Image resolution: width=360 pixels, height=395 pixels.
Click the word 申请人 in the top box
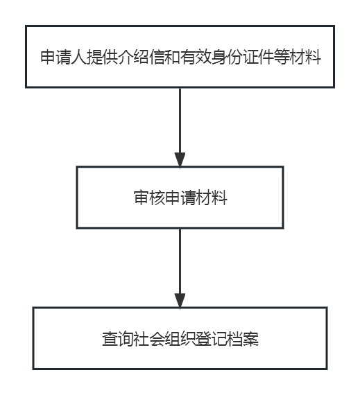(x=64, y=57)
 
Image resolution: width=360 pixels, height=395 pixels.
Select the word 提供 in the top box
(x=103, y=57)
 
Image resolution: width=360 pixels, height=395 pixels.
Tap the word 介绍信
(x=142, y=57)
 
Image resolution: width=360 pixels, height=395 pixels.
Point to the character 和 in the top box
(x=173, y=57)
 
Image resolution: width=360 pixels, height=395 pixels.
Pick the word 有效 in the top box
(x=196, y=57)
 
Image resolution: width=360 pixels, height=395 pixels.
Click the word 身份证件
(x=243, y=57)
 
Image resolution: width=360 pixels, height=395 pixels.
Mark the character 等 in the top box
(x=282, y=57)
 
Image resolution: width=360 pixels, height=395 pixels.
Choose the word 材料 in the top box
(x=305, y=57)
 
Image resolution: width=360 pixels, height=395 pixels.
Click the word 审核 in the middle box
(x=149, y=197)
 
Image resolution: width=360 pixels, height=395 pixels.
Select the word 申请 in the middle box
(x=180, y=197)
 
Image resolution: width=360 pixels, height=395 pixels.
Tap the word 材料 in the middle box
(x=212, y=197)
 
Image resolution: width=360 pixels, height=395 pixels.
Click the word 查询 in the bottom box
(x=118, y=339)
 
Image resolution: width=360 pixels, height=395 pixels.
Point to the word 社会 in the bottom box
(x=149, y=339)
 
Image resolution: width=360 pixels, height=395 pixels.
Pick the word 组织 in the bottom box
(x=180, y=339)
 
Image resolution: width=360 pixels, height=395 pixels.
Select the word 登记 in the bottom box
(x=212, y=339)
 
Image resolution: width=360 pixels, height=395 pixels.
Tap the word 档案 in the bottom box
(x=243, y=339)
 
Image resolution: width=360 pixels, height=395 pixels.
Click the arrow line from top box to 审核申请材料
(x=180, y=128)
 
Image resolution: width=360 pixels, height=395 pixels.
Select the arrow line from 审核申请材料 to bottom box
(x=180, y=268)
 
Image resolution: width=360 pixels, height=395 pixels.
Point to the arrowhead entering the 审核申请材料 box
(x=180, y=159)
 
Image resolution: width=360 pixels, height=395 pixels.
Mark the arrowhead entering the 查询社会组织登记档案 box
(x=180, y=301)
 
